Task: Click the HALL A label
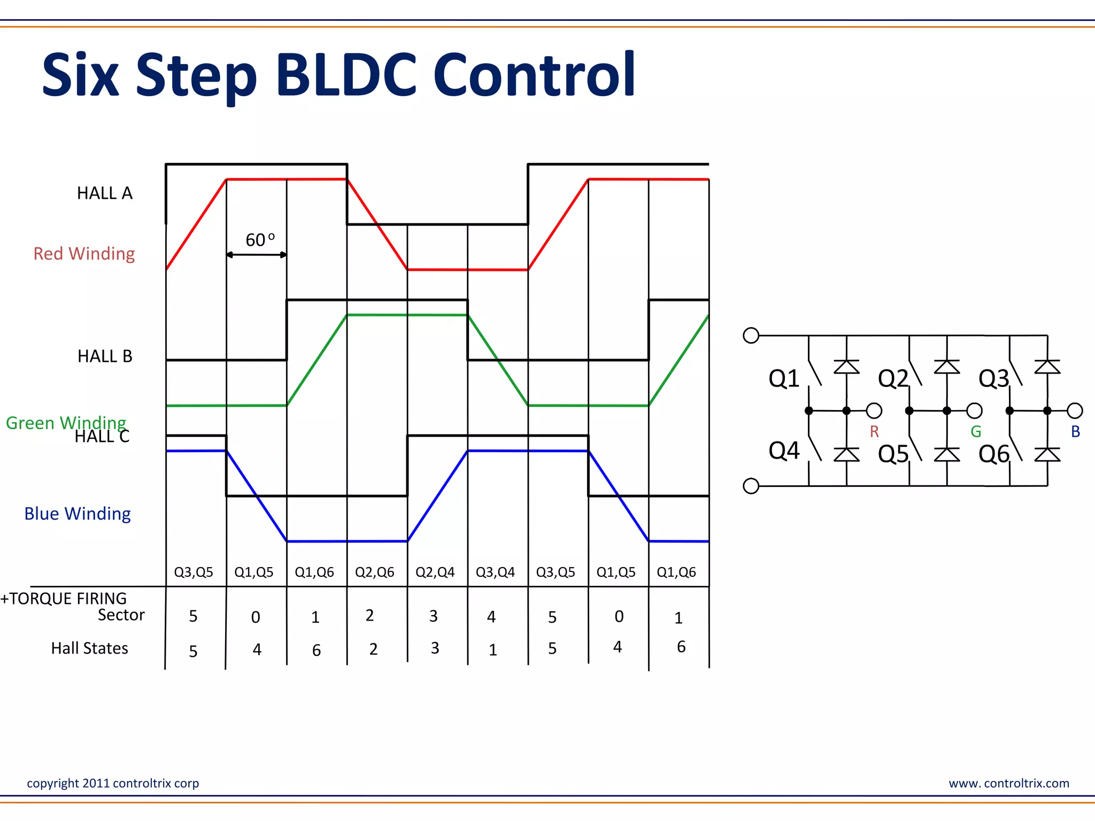pos(105,193)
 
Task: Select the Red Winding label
pos(84,253)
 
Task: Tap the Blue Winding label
pos(78,514)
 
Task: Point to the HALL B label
pos(105,356)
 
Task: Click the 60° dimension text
pos(260,240)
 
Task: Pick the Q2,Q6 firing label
pos(374,572)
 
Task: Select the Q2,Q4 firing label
pos(435,572)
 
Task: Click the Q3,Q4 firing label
pos(495,572)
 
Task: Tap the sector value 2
pos(369,616)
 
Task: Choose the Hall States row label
pos(89,648)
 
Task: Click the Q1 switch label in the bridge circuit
pos(784,378)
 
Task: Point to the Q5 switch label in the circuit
pos(893,454)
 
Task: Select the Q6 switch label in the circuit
pos(994,454)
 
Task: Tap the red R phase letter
pos(874,431)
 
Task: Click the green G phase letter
pos(976,431)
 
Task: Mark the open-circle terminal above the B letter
pos(1075,410)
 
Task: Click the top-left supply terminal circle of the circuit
pos(751,335)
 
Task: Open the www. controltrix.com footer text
pos(1009,783)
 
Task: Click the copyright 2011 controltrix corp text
pos(113,783)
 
